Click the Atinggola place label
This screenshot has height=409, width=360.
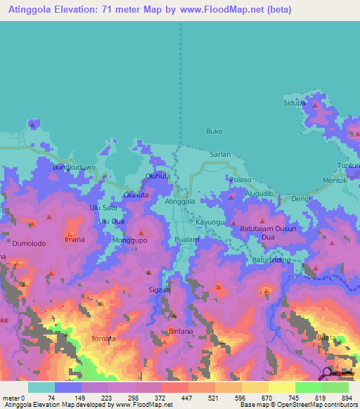tap(179, 202)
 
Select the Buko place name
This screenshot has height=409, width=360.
tap(214, 131)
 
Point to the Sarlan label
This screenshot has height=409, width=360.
tap(219, 153)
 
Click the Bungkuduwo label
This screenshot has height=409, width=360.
tap(72, 169)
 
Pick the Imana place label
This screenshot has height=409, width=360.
tap(75, 240)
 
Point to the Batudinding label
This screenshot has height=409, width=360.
tap(271, 261)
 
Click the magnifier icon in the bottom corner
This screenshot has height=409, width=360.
tap(328, 373)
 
